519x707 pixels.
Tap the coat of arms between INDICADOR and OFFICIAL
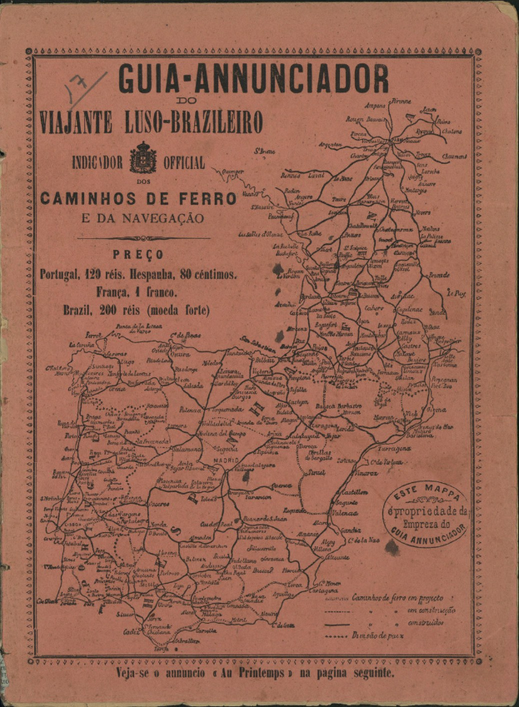click(x=143, y=157)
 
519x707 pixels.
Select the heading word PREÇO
click(x=137, y=254)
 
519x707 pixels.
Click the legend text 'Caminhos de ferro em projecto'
click(x=396, y=597)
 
